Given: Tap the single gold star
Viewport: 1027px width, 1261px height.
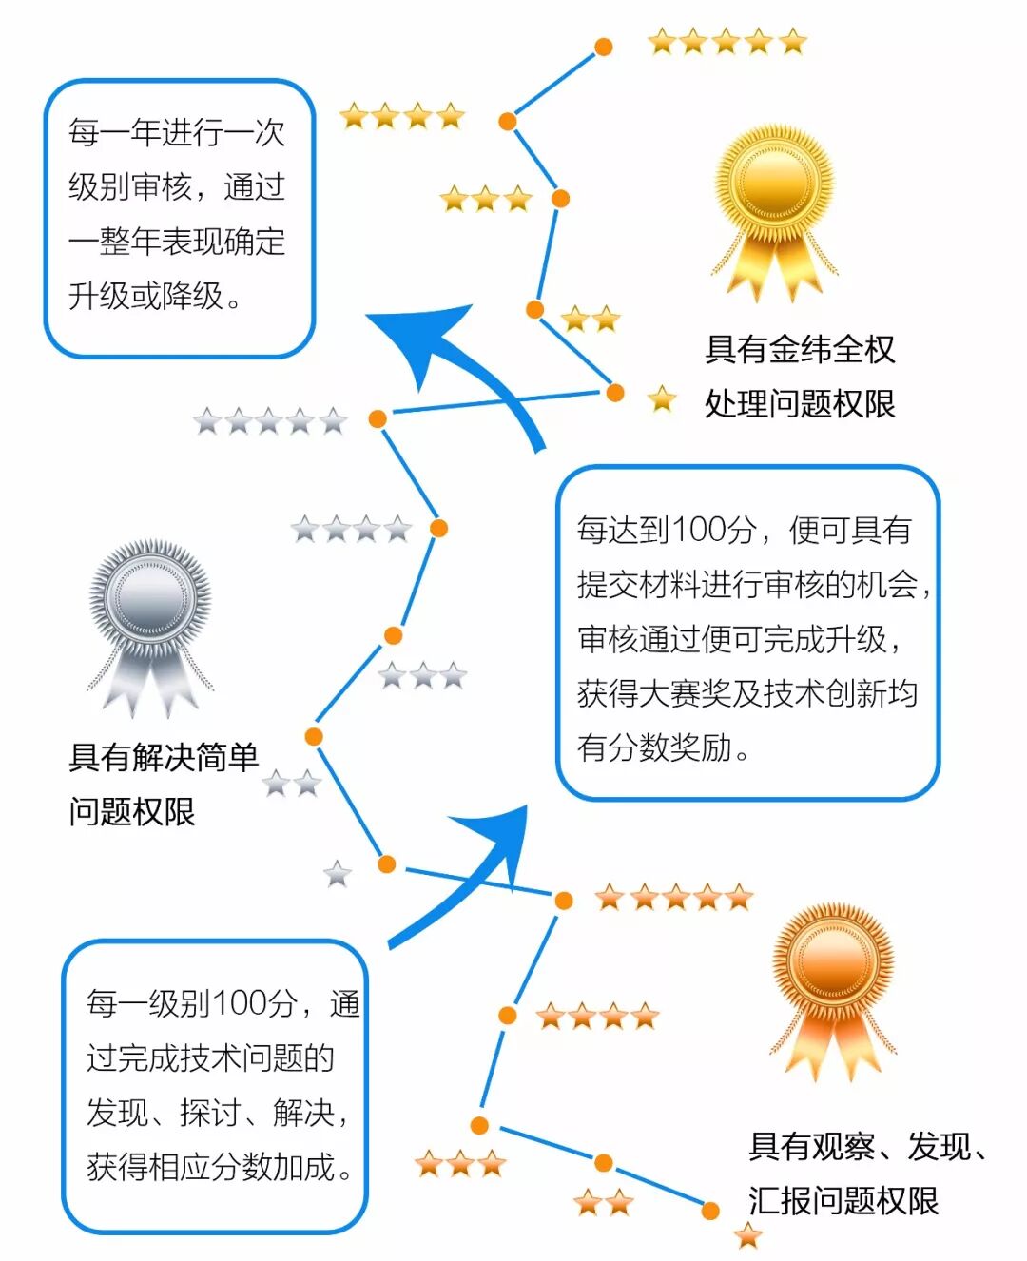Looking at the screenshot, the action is coord(662,399).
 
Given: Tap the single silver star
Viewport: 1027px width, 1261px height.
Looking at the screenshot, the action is coord(338,873).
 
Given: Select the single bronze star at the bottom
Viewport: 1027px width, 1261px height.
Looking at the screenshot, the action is coord(748,1235).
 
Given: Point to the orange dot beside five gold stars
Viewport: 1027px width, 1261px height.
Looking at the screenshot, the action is coord(603,47).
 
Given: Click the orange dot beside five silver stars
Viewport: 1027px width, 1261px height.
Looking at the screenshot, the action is coord(378,418).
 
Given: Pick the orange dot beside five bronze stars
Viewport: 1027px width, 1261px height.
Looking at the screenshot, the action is coord(564,901).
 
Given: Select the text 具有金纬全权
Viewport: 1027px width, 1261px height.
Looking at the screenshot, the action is coord(800,349).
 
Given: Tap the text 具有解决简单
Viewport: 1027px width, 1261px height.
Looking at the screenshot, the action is coord(164,757).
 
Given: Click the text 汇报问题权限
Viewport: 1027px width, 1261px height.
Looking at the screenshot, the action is coord(843,1200).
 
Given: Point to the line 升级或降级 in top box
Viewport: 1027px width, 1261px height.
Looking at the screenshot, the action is coord(156,296).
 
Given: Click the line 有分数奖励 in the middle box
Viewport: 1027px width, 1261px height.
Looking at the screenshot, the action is coord(663,747).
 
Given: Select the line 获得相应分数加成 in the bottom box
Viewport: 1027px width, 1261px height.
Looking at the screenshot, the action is coord(220,1166).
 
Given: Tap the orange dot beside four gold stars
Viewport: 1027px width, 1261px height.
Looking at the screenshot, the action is coord(508,121).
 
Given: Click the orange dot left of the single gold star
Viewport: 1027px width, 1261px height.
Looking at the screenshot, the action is coord(615,393).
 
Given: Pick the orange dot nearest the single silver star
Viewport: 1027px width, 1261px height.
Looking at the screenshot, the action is coord(386,863).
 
